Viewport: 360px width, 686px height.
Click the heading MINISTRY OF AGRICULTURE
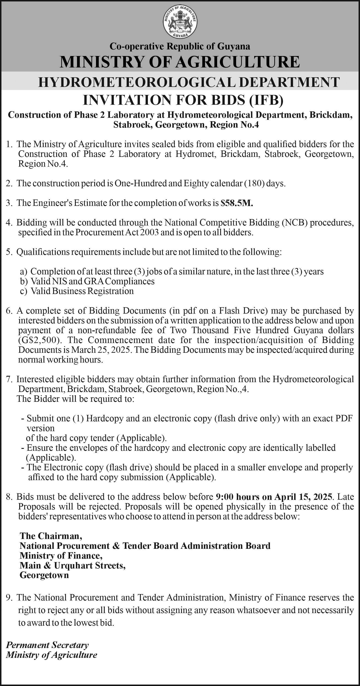point(180,62)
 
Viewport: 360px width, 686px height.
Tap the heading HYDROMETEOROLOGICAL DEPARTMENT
point(189,82)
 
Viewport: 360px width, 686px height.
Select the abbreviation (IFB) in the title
point(266,100)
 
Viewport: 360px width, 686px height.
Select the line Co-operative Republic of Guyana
point(180,47)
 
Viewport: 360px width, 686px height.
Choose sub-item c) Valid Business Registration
point(77,291)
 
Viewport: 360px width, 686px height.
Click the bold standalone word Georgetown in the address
point(44,575)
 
